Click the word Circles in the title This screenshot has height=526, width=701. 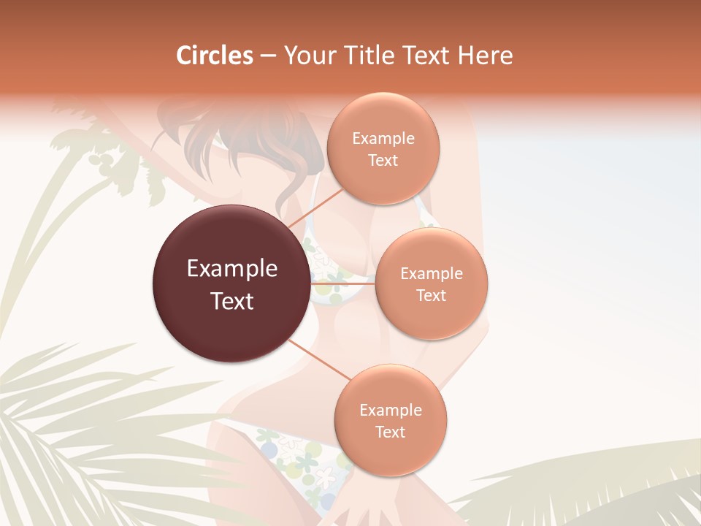pos(215,56)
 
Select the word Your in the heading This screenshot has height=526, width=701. pos(309,56)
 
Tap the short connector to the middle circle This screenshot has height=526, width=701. pos(342,283)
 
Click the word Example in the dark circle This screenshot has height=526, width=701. pos(232,269)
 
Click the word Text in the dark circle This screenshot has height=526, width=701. pos(232,301)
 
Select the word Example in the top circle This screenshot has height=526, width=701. pos(383,139)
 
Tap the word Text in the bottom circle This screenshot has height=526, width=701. pos(390,432)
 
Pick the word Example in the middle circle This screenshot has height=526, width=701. pos(432,274)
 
